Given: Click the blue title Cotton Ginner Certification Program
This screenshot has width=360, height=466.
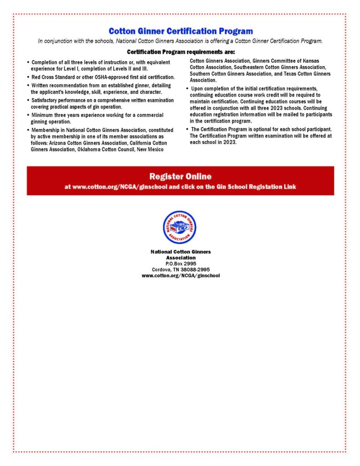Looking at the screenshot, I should [x=180, y=31].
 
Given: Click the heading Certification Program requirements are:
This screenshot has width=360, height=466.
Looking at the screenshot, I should [x=180, y=52].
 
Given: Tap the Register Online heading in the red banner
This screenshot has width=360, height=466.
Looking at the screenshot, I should [x=180, y=176].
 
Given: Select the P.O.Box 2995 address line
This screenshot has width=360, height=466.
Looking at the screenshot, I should [x=181, y=263].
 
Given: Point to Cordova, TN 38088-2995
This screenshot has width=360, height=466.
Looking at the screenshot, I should [x=181, y=269].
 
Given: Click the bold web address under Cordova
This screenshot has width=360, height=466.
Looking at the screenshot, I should [x=181, y=275].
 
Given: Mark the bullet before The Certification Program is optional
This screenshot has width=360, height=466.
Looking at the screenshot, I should [x=187, y=129].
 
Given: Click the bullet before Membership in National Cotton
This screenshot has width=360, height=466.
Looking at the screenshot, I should [x=28, y=130].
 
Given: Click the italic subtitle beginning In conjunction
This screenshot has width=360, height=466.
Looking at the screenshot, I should [x=180, y=41].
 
